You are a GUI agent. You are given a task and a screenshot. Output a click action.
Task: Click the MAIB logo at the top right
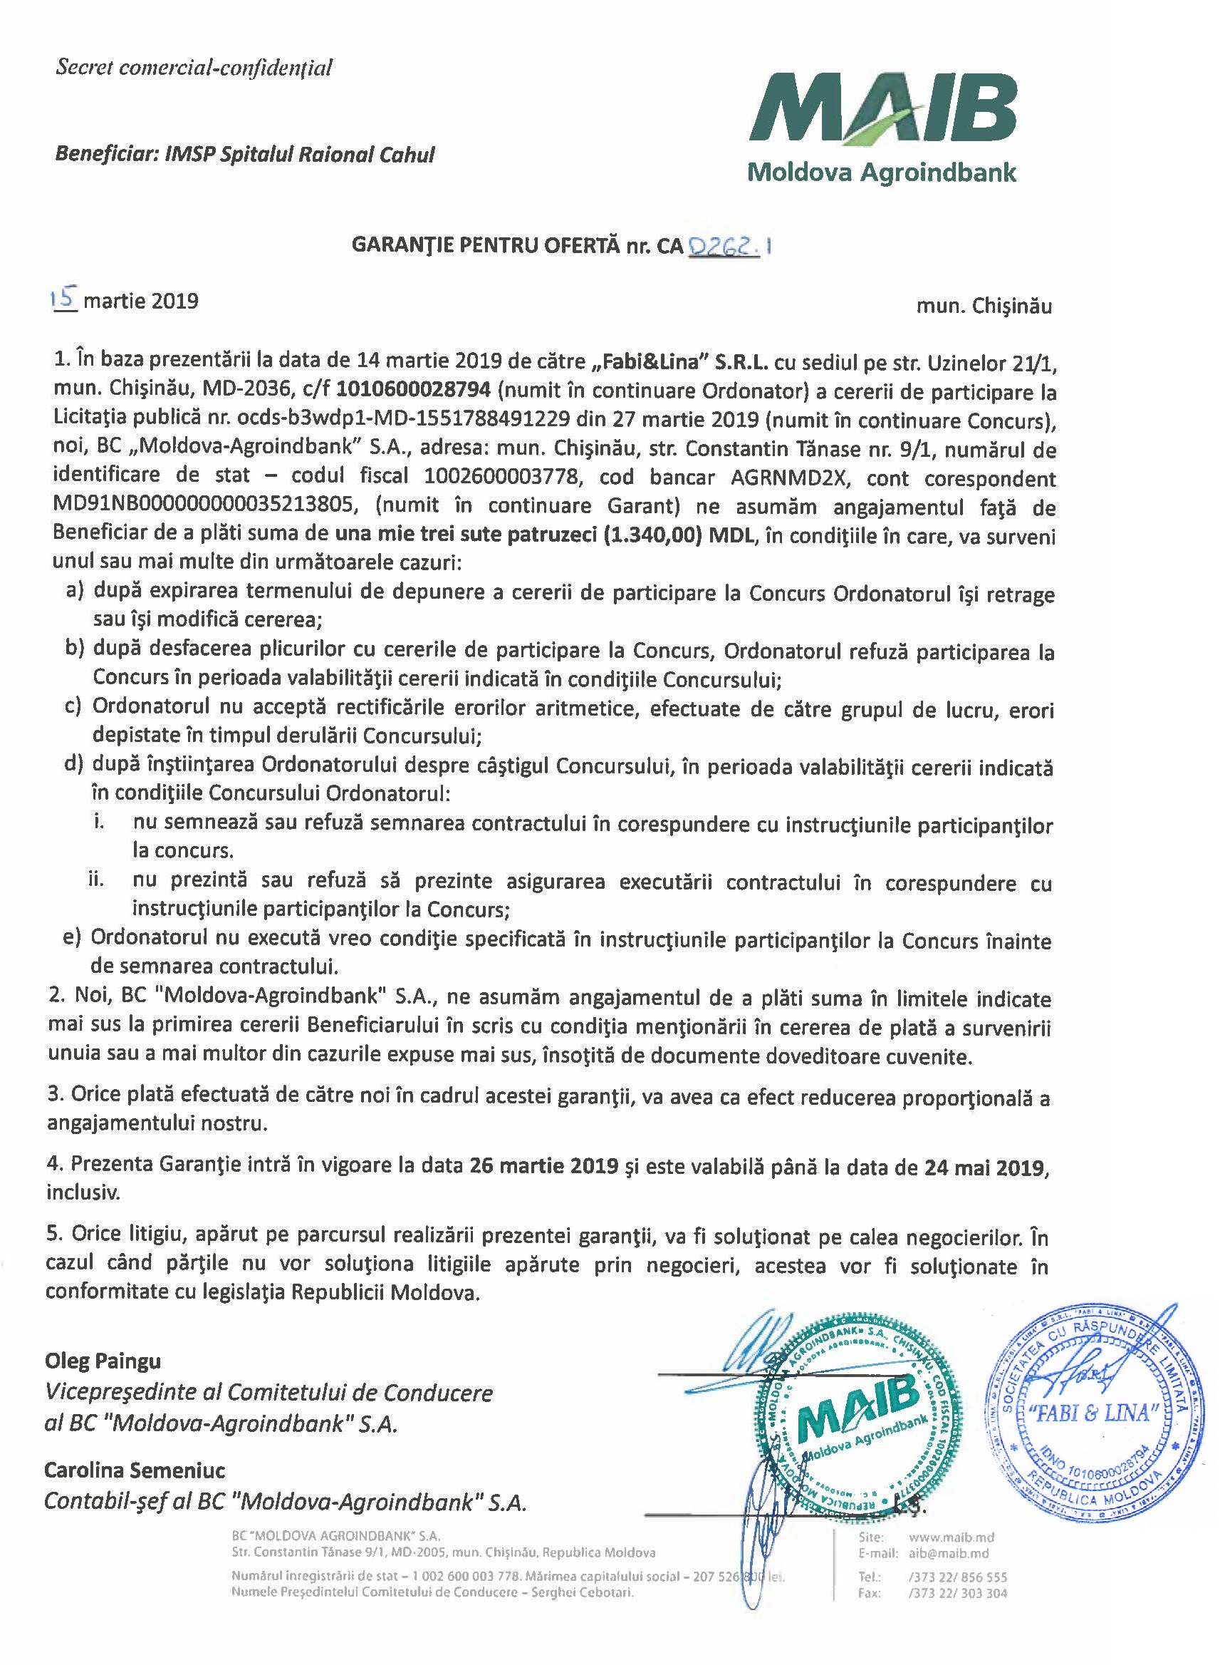pyautogui.click(x=882, y=126)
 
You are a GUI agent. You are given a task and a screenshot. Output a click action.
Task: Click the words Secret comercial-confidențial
pyautogui.click(x=194, y=68)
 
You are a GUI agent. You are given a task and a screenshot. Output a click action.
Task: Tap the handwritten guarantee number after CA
pyautogui.click(x=727, y=246)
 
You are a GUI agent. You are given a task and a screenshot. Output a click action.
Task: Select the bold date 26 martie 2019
pyautogui.click(x=543, y=1165)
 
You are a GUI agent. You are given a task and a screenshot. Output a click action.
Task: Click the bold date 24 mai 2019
pyautogui.click(x=985, y=1167)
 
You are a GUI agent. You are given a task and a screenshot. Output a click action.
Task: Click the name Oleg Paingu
pyautogui.click(x=103, y=1361)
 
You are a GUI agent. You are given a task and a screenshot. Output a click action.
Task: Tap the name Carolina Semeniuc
pyautogui.click(x=135, y=1470)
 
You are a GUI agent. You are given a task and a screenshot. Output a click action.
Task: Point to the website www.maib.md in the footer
pyautogui.click(x=952, y=1537)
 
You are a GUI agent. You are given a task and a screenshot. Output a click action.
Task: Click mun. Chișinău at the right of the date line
pyautogui.click(x=984, y=306)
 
